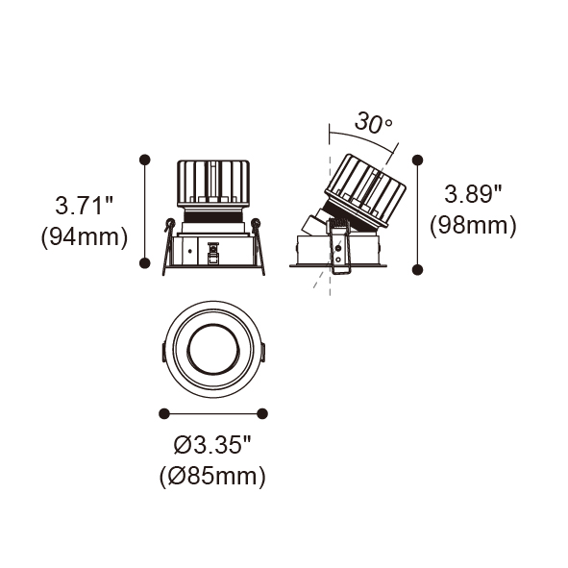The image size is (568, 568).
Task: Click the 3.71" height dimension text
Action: click(84, 205)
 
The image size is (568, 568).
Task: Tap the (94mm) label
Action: click(85, 237)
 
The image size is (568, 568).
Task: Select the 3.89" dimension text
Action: click(473, 193)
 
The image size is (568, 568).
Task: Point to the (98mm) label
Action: click(473, 226)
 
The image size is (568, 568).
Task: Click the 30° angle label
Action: click(374, 122)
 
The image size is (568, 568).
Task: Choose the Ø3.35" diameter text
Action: click(212, 444)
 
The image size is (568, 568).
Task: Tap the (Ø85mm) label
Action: click(212, 477)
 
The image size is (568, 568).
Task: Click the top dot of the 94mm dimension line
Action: click(145, 160)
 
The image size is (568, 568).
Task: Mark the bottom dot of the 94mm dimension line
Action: click(145, 263)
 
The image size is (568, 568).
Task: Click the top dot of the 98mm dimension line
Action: click(418, 160)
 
